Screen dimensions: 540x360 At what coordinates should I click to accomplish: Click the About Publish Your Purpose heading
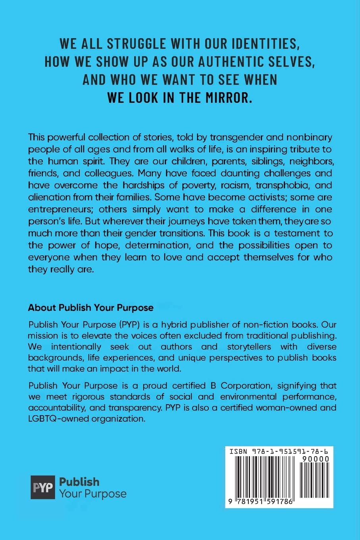pos(90,307)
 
